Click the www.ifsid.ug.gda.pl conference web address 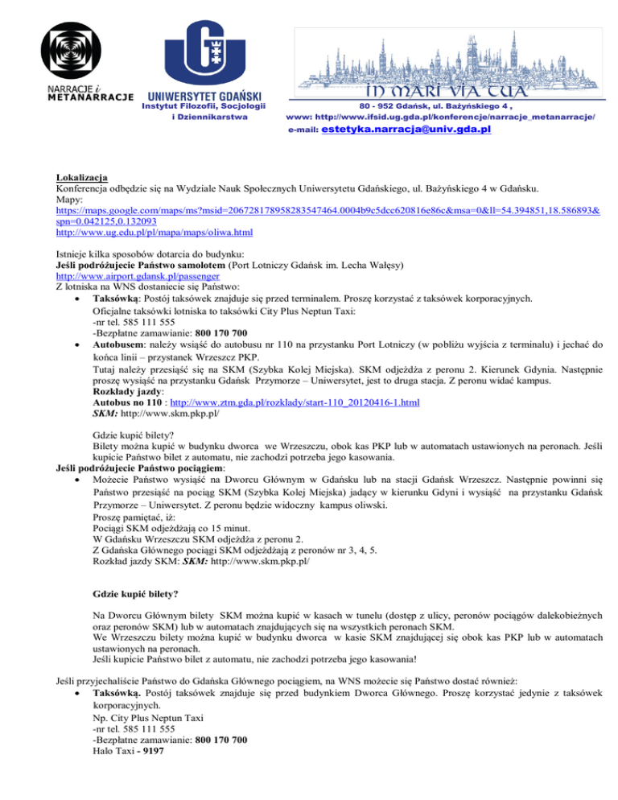click(463, 117)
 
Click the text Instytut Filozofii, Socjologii click(204, 106)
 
